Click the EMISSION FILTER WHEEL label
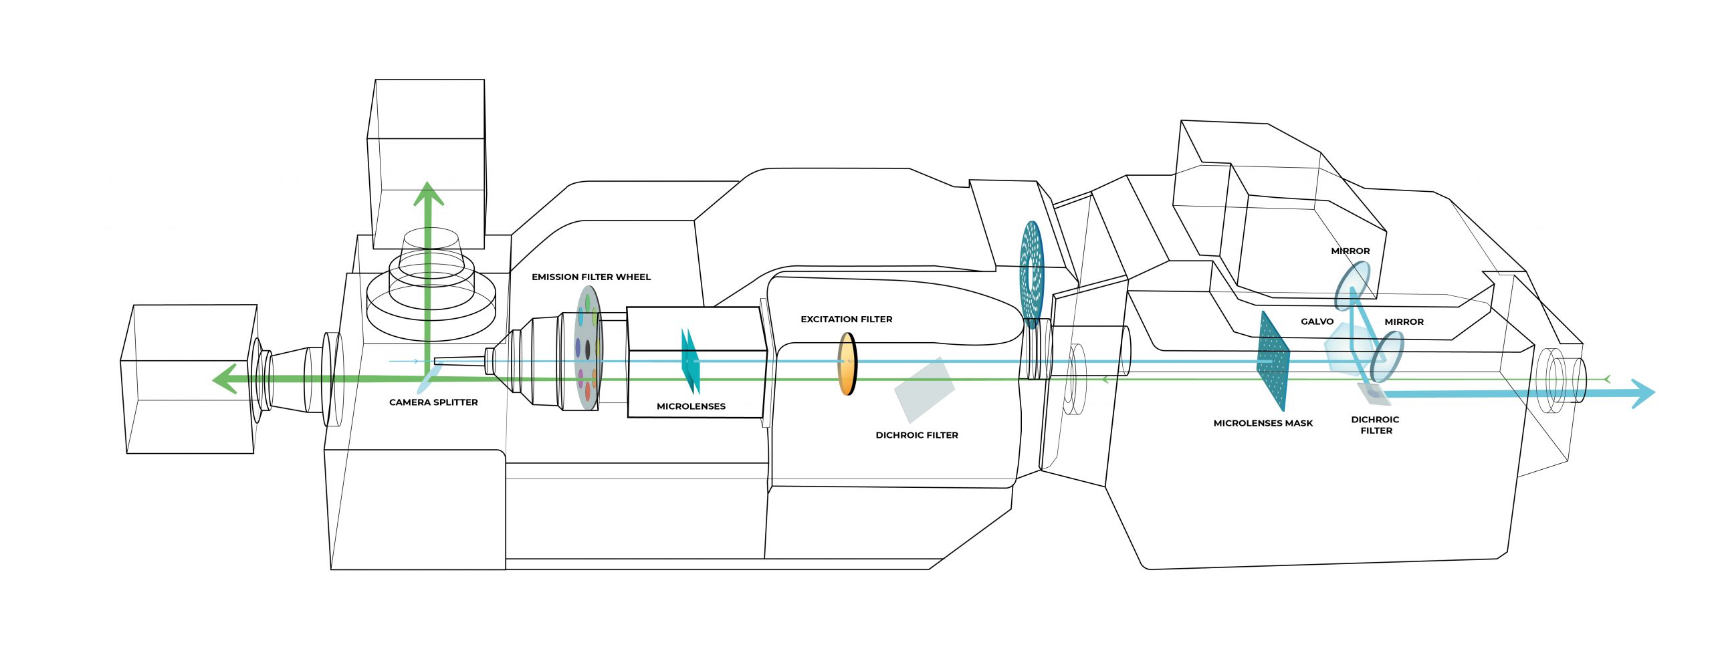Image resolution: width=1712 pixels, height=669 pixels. click(591, 277)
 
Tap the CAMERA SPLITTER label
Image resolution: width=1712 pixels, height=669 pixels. click(433, 402)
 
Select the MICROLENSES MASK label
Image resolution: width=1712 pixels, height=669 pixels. click(1263, 423)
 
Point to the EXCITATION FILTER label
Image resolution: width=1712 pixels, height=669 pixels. click(846, 319)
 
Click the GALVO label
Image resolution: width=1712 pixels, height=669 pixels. click(1317, 321)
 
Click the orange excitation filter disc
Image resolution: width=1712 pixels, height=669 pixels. click(847, 364)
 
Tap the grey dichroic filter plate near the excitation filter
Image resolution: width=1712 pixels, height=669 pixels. click(925, 390)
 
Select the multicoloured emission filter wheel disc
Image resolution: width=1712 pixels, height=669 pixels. click(588, 348)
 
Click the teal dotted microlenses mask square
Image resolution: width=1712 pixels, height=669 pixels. click(1273, 362)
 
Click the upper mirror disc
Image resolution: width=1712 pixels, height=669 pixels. click(1352, 285)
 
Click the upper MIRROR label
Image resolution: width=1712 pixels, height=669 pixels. click(1350, 251)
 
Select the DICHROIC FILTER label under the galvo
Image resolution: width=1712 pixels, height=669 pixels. click(1375, 425)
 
